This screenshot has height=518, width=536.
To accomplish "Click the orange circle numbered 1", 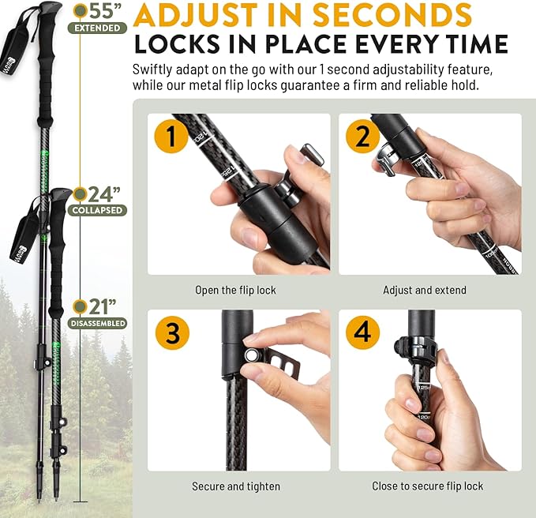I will (x=171, y=136).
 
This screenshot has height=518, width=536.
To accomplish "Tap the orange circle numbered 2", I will (x=362, y=136).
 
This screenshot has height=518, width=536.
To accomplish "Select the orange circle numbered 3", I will (x=171, y=332).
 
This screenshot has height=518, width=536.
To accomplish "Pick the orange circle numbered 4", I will (x=362, y=332).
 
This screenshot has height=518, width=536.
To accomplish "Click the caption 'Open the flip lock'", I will (x=235, y=291).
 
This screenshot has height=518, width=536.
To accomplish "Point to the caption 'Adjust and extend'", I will (x=425, y=291).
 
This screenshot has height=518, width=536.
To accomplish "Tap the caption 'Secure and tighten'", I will (x=235, y=486).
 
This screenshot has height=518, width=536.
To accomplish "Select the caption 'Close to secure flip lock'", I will (x=427, y=486).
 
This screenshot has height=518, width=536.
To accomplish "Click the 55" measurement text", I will (x=105, y=11).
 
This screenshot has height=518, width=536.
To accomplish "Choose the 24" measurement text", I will (x=104, y=193).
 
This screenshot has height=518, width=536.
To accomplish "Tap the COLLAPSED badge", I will (x=98, y=211).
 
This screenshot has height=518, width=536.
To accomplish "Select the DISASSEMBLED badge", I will (x=99, y=324).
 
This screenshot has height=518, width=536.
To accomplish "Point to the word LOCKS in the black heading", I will (x=177, y=44).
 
